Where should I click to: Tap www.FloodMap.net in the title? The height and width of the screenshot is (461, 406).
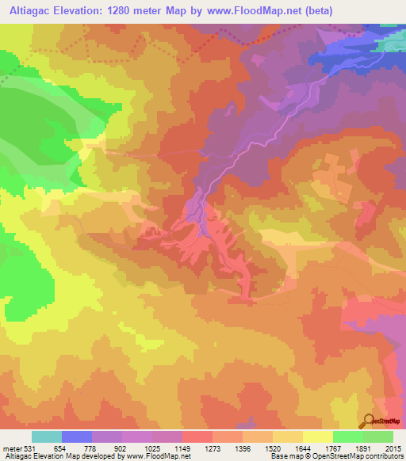click(257, 10)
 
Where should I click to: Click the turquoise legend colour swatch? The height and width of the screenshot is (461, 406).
click(47, 437)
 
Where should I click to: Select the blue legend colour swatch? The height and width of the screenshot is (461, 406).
click(77, 437)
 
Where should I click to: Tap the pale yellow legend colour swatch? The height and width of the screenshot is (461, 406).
click(318, 437)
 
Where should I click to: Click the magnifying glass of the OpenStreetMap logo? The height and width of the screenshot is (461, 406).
click(369, 421)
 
